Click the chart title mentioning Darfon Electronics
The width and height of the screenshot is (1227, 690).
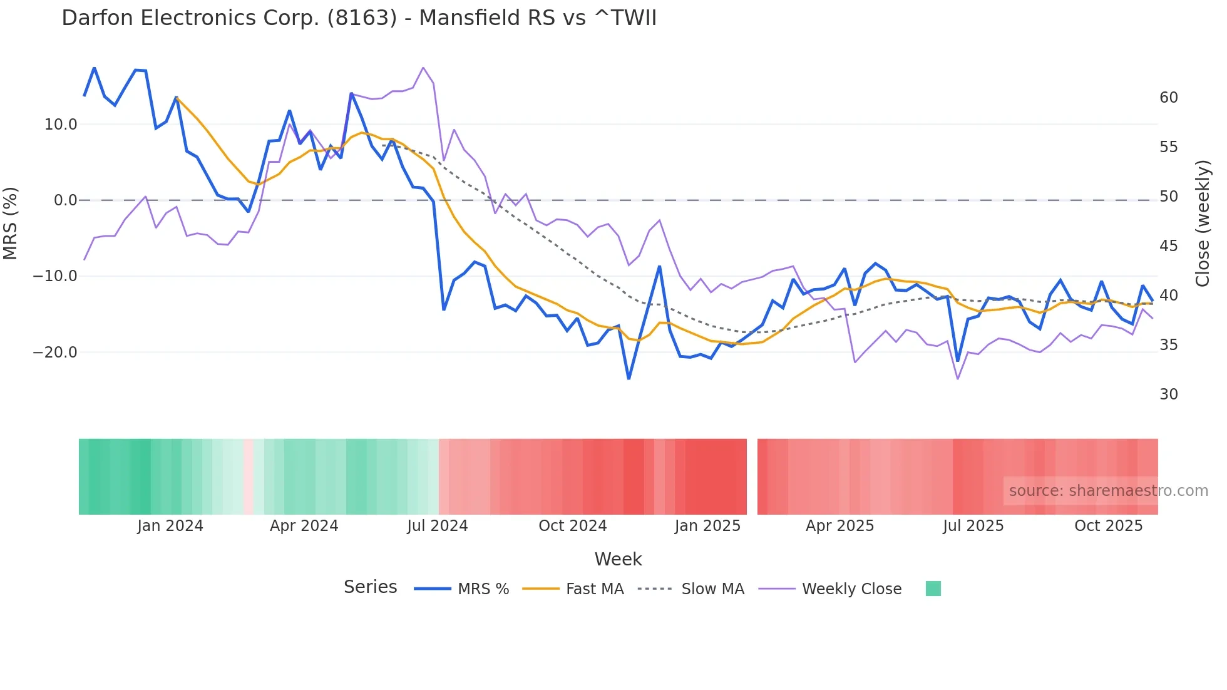359,18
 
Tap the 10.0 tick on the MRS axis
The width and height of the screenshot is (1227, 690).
61,125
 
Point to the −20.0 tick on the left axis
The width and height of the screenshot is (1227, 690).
55,353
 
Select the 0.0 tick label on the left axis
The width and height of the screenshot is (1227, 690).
65,200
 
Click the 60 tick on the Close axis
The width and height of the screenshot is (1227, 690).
1168,98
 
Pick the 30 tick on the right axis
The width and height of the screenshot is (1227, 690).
1168,394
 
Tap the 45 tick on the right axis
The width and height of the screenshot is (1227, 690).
1168,246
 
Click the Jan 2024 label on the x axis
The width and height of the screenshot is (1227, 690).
170,526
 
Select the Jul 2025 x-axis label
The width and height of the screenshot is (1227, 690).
973,526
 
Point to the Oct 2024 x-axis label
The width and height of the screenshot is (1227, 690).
572,526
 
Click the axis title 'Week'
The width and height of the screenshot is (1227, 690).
618,559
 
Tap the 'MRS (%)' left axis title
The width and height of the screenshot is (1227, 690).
11,223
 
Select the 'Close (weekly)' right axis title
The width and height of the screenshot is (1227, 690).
1203,224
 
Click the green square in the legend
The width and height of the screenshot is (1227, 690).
933,589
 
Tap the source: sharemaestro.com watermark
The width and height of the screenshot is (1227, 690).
1108,491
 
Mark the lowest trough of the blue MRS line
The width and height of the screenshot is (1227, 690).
629,379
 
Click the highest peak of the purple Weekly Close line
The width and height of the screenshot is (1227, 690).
423,68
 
